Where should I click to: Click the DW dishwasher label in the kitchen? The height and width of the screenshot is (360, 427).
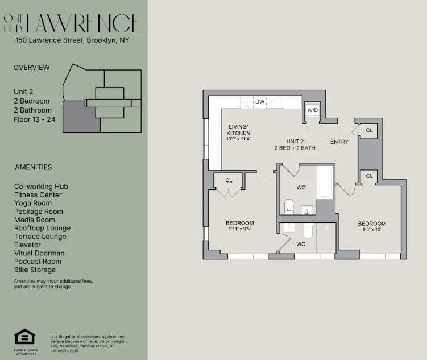[x=260, y=102]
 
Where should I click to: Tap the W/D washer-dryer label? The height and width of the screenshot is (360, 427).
[x=313, y=110]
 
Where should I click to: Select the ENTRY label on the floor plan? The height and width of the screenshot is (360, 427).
[x=339, y=142]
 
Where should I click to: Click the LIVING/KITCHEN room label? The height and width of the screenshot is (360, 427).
[x=238, y=129]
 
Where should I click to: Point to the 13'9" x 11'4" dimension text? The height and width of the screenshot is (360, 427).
[x=238, y=139]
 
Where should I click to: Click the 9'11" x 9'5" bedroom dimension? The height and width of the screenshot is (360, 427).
[x=239, y=230]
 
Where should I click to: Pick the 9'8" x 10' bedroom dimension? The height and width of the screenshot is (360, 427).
[x=371, y=230]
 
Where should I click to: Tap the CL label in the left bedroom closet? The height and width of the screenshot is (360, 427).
[x=229, y=180]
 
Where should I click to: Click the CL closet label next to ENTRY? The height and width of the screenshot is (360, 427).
[x=369, y=130]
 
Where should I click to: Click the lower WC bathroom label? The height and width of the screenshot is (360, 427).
[x=301, y=244]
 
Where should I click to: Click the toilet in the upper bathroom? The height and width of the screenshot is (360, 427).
[x=288, y=206]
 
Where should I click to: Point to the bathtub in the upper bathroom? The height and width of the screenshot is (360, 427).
[x=324, y=183]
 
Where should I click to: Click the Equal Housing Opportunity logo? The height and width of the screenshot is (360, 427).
[x=24, y=339]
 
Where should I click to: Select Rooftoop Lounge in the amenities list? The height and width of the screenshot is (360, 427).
[x=42, y=228]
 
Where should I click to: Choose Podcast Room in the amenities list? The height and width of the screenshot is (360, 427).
[x=38, y=262]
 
